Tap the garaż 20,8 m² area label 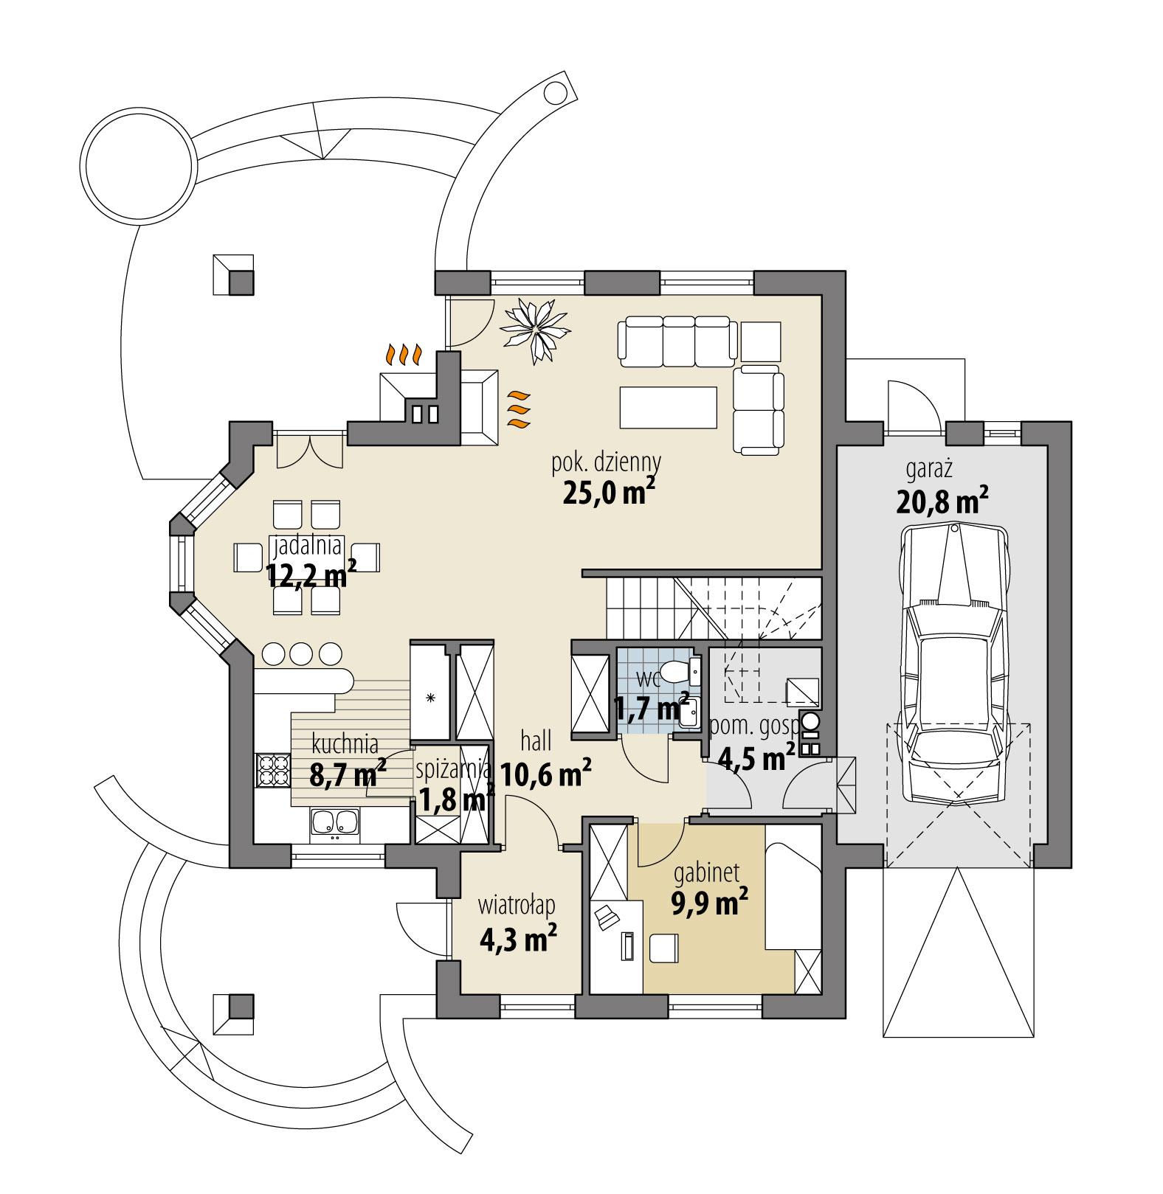942,490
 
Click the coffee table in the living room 669,407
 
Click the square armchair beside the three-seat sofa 761,341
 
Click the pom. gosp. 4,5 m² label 753,743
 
